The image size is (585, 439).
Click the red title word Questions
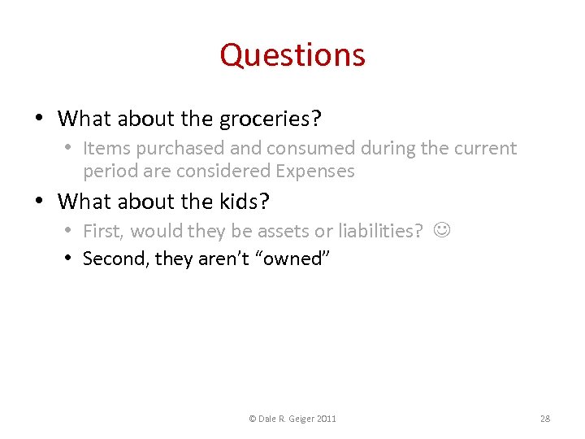(x=292, y=55)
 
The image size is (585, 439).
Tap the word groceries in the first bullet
(x=270, y=120)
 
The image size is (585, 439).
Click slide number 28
(x=545, y=419)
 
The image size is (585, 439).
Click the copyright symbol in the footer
(x=253, y=419)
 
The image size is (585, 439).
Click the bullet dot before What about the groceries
(x=40, y=119)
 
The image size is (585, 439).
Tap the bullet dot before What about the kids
(x=40, y=201)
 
